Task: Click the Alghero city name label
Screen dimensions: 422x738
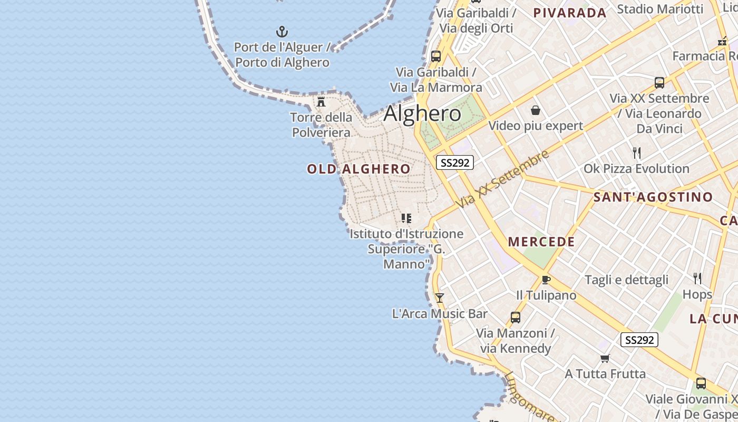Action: pyautogui.click(x=422, y=114)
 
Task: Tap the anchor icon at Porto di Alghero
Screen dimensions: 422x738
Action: pyautogui.click(x=282, y=32)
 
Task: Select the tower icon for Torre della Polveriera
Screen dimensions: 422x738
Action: pyautogui.click(x=321, y=101)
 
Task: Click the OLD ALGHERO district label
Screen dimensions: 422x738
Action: pyautogui.click(x=358, y=169)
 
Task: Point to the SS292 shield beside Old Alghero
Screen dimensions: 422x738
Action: pyautogui.click(x=454, y=162)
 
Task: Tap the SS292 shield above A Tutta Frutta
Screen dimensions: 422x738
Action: pyautogui.click(x=639, y=340)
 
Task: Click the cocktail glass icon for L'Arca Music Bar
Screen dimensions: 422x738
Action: pyautogui.click(x=439, y=298)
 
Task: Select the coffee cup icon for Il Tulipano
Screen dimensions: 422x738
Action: pyautogui.click(x=546, y=280)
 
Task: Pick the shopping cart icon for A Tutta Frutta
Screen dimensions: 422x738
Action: pyautogui.click(x=605, y=359)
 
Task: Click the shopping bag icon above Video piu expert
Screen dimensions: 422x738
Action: pyautogui.click(x=536, y=110)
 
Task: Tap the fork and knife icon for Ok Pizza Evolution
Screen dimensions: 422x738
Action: pyautogui.click(x=637, y=153)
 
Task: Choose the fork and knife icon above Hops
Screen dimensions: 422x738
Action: pyautogui.click(x=697, y=279)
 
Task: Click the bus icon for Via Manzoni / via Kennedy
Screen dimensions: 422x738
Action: pyautogui.click(x=516, y=318)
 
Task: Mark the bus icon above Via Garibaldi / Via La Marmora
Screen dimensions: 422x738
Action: pyautogui.click(x=436, y=56)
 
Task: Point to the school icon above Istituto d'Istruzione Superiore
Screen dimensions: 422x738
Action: pyautogui.click(x=406, y=218)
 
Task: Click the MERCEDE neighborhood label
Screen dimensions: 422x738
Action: pyautogui.click(x=541, y=242)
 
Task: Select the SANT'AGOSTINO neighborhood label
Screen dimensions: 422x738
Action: pyautogui.click(x=653, y=197)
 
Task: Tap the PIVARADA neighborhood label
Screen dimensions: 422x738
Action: pyautogui.click(x=570, y=13)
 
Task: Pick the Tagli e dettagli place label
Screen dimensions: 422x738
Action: pyautogui.click(x=626, y=280)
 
